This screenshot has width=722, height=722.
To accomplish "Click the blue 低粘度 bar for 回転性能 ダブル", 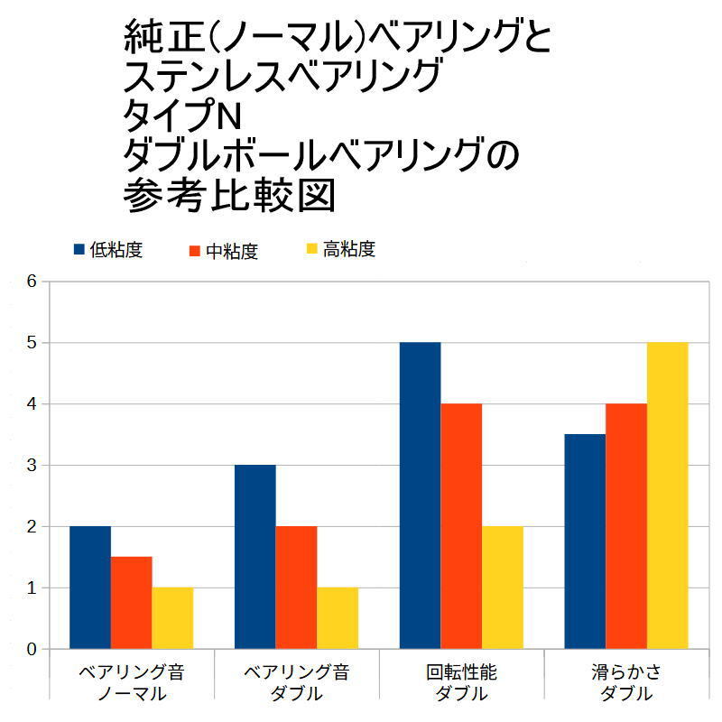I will click(x=420, y=495).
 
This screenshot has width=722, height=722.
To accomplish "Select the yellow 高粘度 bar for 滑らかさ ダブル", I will click(x=667, y=495).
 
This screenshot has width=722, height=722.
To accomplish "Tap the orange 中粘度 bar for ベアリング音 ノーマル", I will click(x=131, y=603).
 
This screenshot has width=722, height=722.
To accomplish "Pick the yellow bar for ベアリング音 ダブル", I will click(x=338, y=618).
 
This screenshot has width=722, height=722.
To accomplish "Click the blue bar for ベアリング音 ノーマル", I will click(x=89, y=588).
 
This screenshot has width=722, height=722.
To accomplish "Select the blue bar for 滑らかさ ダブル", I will click(x=585, y=541).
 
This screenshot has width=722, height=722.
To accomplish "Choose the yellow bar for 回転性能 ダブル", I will click(x=503, y=588).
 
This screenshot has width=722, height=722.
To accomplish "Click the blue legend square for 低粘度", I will click(x=79, y=249).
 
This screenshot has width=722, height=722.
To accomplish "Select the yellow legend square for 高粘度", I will click(x=312, y=249).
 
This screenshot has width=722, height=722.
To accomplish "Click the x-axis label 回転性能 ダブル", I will click(x=461, y=683).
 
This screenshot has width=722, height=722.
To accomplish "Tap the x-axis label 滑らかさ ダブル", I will click(x=626, y=683).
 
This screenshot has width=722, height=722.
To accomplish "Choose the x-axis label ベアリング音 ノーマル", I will click(x=131, y=683).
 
